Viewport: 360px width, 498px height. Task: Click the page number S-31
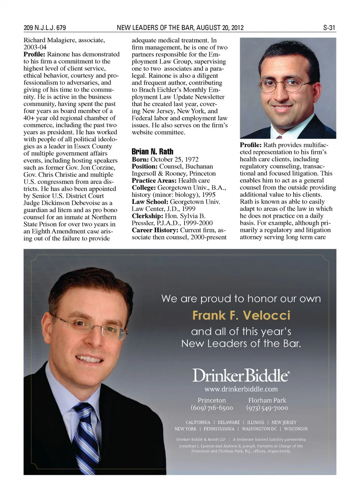pyautogui.click(x=329, y=28)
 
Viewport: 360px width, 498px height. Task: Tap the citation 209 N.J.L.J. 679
pyautogui.click(x=45, y=28)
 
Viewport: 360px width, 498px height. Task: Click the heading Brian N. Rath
pyautogui.click(x=152, y=151)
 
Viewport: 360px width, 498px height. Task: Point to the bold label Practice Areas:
pyautogui.click(x=154, y=181)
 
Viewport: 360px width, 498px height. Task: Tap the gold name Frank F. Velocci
pyautogui.click(x=241, y=316)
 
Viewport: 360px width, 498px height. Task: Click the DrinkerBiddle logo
pyautogui.click(x=241, y=375)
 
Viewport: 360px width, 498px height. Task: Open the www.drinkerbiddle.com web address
pyautogui.click(x=241, y=389)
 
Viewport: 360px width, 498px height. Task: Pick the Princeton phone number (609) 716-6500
pyautogui.click(x=211, y=408)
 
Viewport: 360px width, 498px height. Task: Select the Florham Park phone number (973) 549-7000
pyautogui.click(x=267, y=408)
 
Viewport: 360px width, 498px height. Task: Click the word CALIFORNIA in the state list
pyautogui.click(x=198, y=422)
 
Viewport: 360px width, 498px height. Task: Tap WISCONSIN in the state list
pyautogui.click(x=295, y=429)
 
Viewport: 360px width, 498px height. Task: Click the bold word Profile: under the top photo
pyautogui.click(x=251, y=145)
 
